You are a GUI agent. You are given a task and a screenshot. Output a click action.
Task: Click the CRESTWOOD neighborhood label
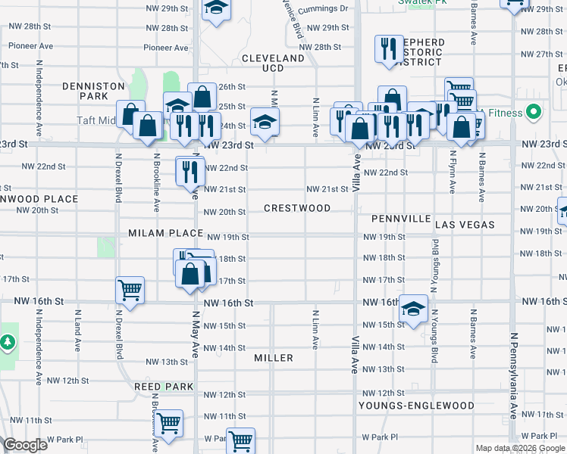coord(296,208)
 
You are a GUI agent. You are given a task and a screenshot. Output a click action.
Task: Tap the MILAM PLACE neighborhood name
coord(165,233)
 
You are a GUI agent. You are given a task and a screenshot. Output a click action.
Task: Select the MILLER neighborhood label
coord(274,358)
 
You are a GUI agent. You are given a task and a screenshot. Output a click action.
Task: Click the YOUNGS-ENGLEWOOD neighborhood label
coord(416,406)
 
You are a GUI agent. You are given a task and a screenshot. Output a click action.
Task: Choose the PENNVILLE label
coord(401,219)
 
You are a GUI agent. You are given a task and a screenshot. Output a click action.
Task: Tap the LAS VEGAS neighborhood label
coord(465,225)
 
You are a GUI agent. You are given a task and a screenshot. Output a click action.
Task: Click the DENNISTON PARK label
coord(93,92)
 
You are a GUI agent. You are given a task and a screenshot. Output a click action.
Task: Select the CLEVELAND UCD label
coord(273,63)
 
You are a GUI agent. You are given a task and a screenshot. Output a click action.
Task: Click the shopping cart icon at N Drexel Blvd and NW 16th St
coord(130,290)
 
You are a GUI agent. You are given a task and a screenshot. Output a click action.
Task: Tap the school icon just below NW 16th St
coord(414,309)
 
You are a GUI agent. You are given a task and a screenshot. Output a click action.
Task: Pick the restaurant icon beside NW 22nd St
coord(190,170)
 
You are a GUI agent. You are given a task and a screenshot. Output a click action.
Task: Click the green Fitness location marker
coord(534,113)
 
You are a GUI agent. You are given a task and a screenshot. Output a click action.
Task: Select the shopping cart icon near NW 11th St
coord(168,424)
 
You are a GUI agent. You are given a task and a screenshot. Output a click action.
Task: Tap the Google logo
coord(25,446)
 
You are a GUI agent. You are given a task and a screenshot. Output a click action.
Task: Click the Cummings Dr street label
coord(323,9)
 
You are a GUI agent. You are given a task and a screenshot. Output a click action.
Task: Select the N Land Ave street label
coord(77,331)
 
